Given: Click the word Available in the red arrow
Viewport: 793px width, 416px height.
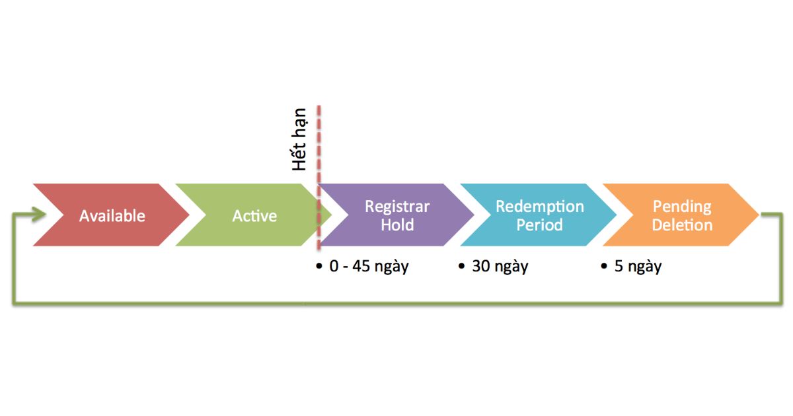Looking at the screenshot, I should (112, 216).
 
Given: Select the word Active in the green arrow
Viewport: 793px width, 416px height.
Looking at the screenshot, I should (254, 216).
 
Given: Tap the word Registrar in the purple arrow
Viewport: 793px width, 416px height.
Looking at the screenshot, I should (397, 207).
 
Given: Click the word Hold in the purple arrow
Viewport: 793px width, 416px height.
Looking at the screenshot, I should (397, 225).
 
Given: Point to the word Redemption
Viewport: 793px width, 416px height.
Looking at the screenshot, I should (540, 207).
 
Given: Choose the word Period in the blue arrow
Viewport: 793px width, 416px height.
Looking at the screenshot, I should (540, 225).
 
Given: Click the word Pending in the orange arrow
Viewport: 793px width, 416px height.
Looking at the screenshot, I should (682, 207).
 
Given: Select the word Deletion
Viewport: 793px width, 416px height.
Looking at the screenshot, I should (682, 225).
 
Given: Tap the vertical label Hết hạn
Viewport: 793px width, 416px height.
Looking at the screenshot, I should (300, 139).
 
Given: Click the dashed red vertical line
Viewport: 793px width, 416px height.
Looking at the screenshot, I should (319, 145).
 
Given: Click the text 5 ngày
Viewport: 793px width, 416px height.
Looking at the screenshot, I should (638, 267).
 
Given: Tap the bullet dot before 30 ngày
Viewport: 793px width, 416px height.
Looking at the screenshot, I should (462, 266).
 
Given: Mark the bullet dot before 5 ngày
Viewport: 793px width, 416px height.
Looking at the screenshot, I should (604, 266).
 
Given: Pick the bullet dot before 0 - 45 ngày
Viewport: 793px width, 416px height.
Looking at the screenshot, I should (319, 266).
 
